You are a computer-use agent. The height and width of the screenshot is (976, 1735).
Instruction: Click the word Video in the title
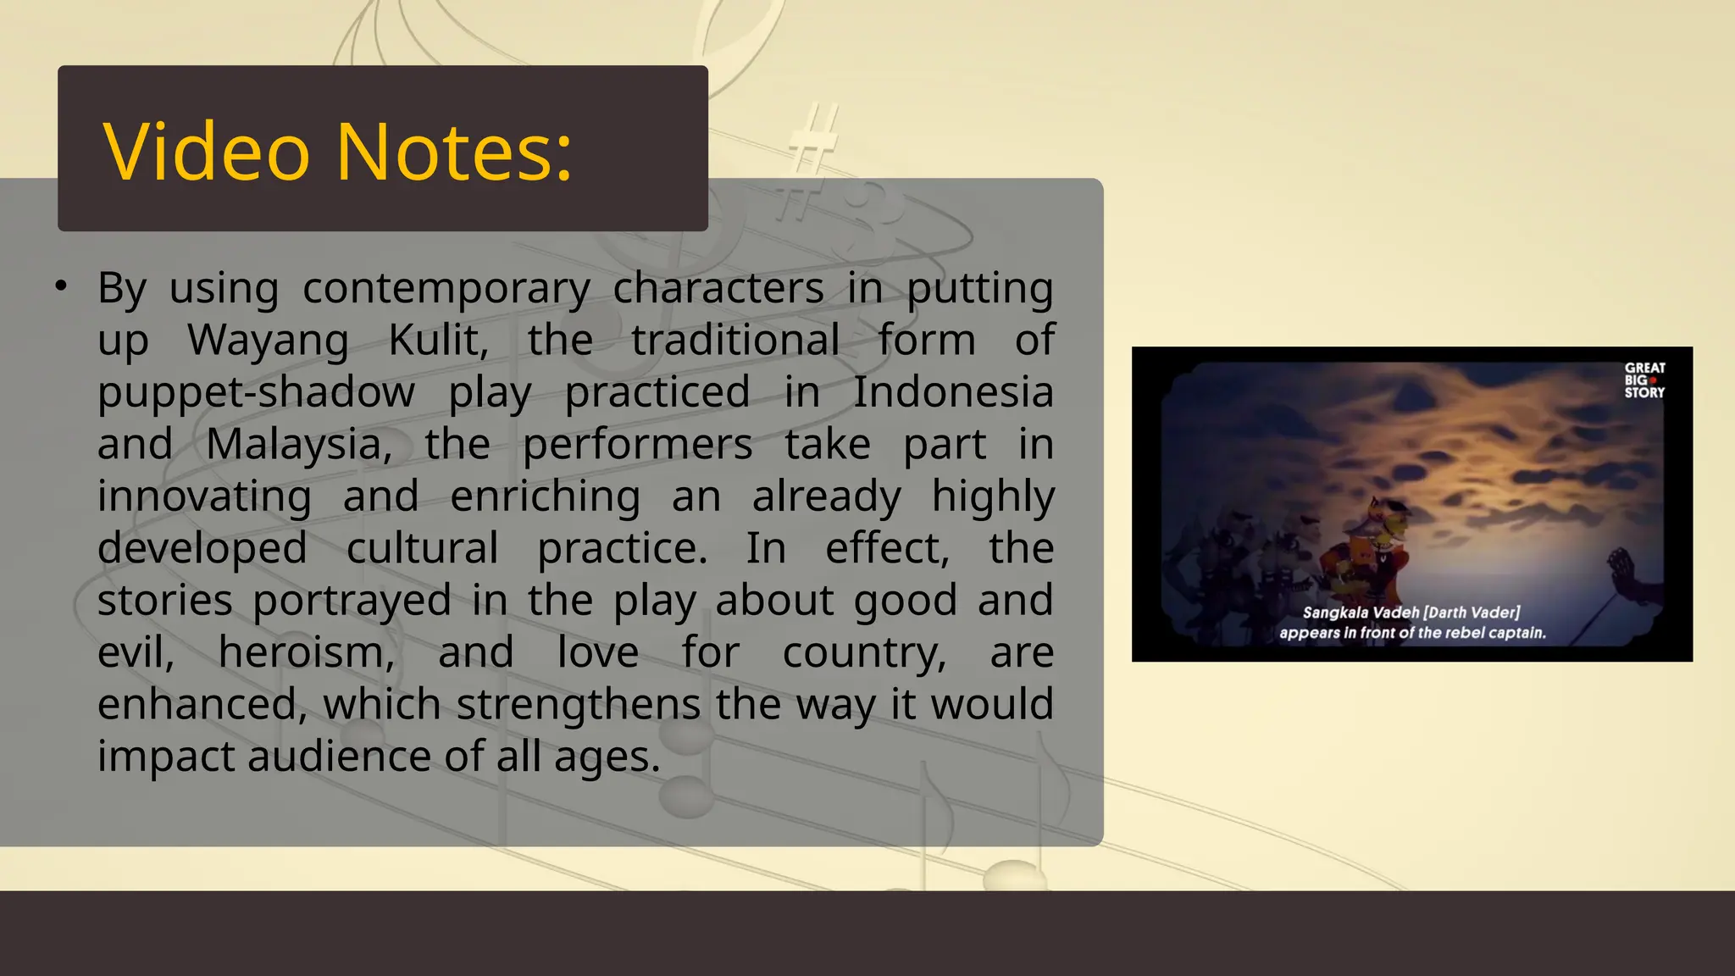click(207, 152)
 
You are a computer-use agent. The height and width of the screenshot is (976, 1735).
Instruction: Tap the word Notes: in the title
click(455, 152)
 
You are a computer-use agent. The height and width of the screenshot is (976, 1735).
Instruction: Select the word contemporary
click(446, 289)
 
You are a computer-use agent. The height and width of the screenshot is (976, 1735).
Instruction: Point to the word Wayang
click(268, 341)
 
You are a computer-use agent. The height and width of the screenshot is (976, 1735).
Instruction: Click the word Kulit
click(438, 341)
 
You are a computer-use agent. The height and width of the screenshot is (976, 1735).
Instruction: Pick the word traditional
click(735, 341)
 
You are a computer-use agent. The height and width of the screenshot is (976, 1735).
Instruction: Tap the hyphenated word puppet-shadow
click(256, 393)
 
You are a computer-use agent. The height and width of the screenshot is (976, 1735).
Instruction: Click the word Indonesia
click(952, 393)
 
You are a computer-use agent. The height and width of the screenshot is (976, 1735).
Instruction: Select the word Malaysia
click(299, 445)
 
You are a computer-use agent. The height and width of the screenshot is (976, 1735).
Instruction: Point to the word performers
click(637, 445)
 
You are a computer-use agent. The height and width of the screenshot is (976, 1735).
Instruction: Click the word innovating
click(204, 497)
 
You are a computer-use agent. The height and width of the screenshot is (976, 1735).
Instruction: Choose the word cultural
click(422, 549)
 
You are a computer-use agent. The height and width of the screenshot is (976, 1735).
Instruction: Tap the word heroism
click(307, 653)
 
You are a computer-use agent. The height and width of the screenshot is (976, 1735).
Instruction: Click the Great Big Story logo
click(1644, 380)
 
